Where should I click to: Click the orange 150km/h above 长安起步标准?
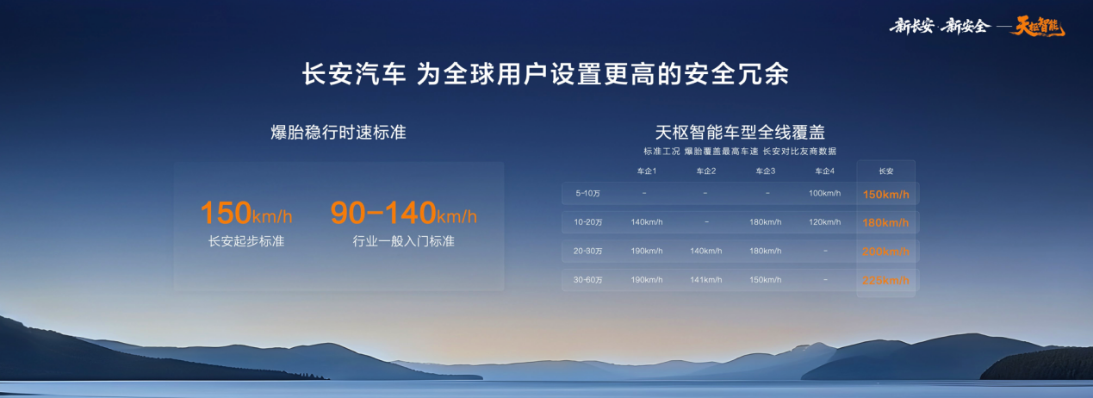[245, 213]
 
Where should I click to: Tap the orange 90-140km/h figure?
[403, 213]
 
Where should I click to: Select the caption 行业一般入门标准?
[403, 241]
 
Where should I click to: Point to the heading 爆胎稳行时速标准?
[338, 133]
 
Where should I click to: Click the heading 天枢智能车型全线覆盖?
[740, 133]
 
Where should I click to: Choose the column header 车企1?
[647, 171]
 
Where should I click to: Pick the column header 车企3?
[766, 171]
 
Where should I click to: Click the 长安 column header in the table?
[885, 171]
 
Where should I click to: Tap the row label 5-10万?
[588, 194]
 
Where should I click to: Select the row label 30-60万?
[588, 280]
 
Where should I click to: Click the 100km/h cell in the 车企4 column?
[824, 193]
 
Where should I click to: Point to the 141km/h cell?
[706, 280]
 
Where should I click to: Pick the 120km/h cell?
[824, 222]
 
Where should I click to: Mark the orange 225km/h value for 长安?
[885, 281]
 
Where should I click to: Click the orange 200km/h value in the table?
[885, 252]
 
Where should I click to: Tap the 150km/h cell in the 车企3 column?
[766, 280]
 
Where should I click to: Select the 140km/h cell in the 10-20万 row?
[647, 222]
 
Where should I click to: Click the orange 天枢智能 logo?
[1038, 26]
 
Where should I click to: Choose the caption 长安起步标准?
[245, 241]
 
